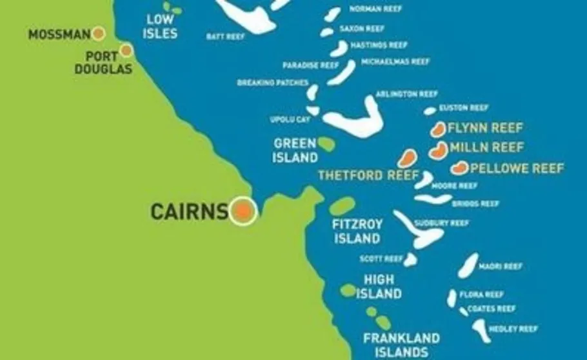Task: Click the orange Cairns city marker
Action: click(243, 210)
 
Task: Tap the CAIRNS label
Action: click(189, 211)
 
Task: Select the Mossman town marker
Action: click(99, 34)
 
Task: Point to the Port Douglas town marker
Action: click(126, 50)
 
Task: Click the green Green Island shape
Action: click(326, 145)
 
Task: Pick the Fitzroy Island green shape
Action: click(343, 206)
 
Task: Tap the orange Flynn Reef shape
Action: click(439, 130)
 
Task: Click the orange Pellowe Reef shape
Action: click(459, 169)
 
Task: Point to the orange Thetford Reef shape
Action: click(406, 158)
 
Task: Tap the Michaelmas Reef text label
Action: click(395, 62)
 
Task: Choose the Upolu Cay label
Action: click(290, 120)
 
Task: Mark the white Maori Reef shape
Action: click(468, 265)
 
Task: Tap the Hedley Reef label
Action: click(513, 328)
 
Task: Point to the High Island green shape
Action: click(348, 290)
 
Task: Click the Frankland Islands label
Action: click(401, 345)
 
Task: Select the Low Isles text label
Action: click(161, 26)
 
